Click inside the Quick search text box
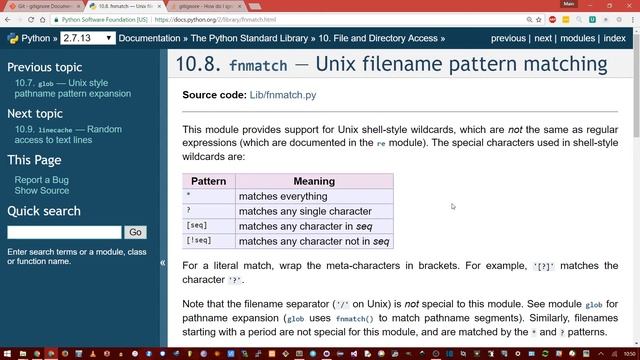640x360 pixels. coord(64,232)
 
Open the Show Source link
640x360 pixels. coord(42,190)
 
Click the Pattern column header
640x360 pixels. coord(208,181)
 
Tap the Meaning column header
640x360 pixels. coord(313,181)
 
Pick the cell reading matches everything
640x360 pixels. coord(284,196)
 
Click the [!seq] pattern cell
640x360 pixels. coord(199,241)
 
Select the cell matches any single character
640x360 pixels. coord(304,211)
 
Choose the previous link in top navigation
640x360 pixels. coord(508,38)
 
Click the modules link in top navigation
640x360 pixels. coord(577,38)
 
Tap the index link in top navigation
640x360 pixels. coord(615,38)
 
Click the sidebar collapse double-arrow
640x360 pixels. coord(162,263)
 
